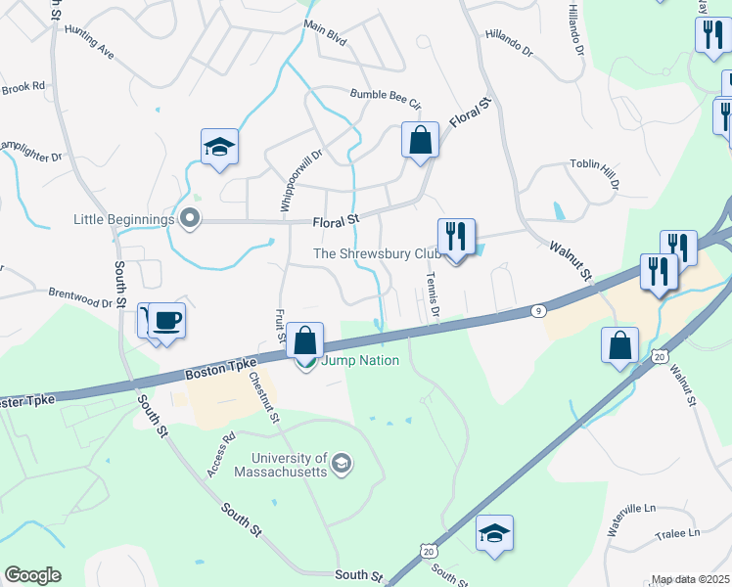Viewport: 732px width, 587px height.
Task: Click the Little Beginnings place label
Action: click(x=124, y=219)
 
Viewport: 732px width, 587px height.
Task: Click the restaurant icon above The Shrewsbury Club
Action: click(x=456, y=236)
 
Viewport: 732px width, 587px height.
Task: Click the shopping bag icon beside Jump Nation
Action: click(x=305, y=340)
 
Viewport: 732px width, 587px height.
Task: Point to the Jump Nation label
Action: click(x=361, y=360)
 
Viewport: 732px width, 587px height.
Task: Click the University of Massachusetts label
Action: click(x=289, y=464)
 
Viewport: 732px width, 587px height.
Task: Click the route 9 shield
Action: click(x=538, y=310)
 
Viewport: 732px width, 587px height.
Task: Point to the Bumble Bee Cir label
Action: click(x=386, y=100)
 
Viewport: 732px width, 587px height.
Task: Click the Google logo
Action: click(x=32, y=575)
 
